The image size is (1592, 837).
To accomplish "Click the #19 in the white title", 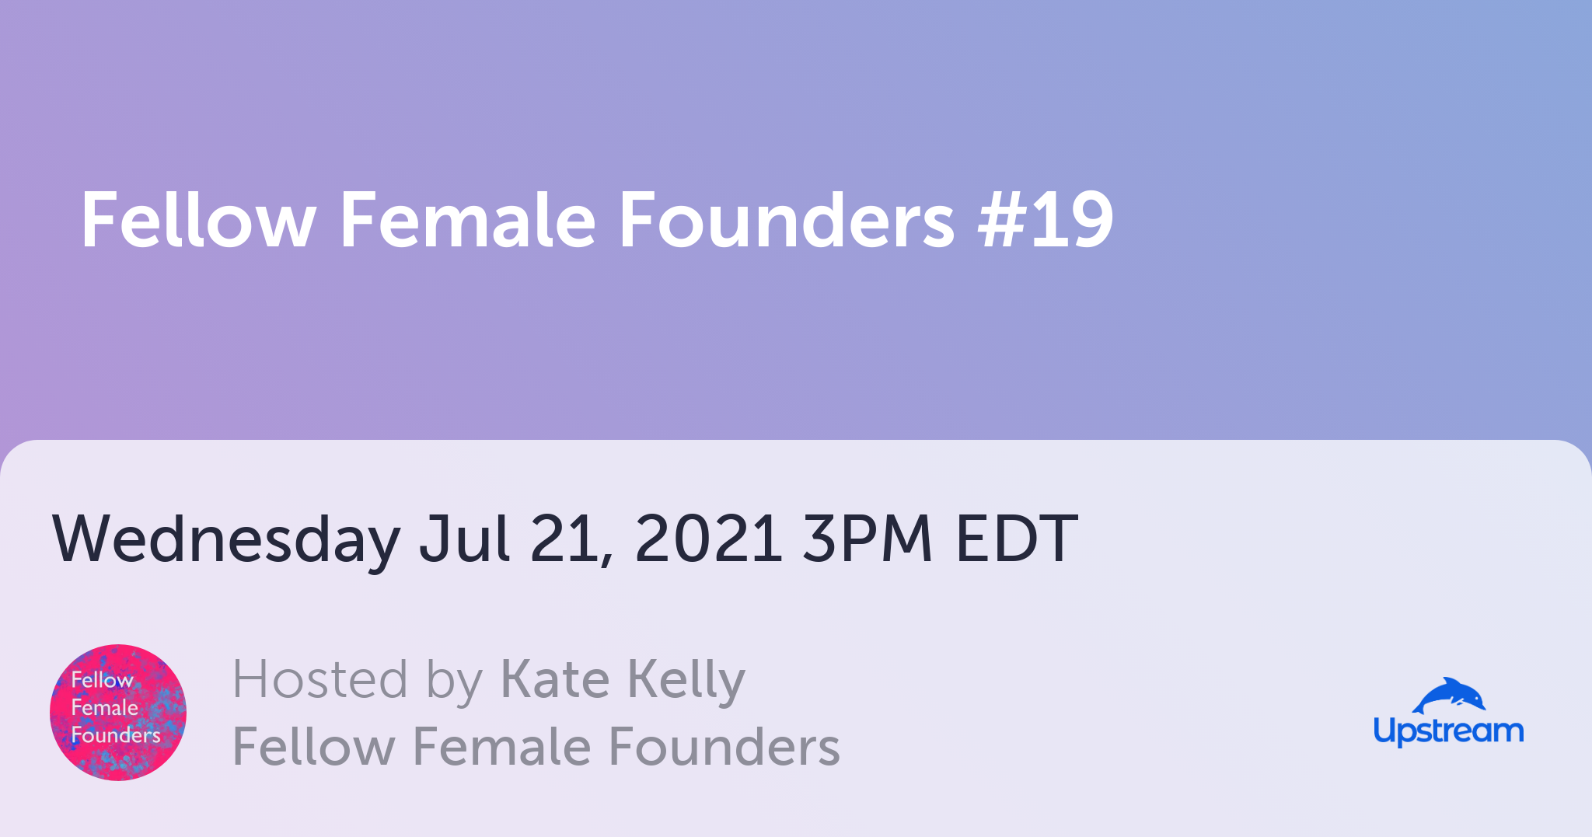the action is pyautogui.click(x=1046, y=221).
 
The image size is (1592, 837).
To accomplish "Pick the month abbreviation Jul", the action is pyautogui.click(x=465, y=538).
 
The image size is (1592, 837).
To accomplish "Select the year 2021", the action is pyautogui.click(x=708, y=538).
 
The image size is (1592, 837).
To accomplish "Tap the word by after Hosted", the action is pyautogui.click(x=455, y=682).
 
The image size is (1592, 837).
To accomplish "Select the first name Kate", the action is pyautogui.click(x=555, y=679).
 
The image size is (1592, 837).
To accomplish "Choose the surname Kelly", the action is pyautogui.click(x=686, y=682).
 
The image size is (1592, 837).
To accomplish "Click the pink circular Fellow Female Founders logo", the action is pyautogui.click(x=118, y=713).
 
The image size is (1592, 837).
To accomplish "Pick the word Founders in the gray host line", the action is pyautogui.click(x=724, y=747).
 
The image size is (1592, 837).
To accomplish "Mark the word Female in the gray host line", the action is pyautogui.click(x=501, y=747).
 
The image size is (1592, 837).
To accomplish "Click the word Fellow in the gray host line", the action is pyautogui.click(x=314, y=747).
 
